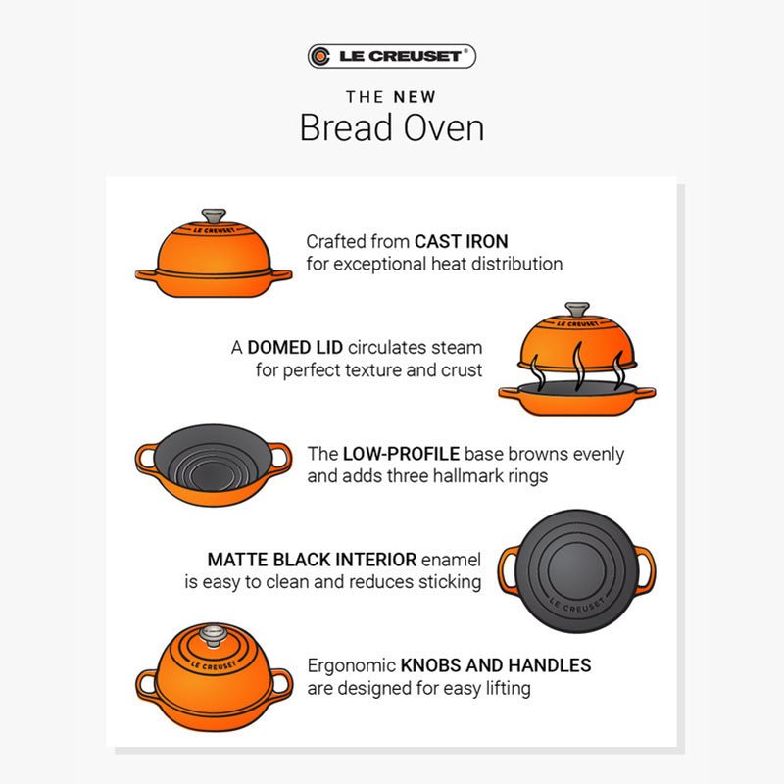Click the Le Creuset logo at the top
pyautogui.click(x=391, y=56)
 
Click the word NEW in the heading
pyautogui.click(x=415, y=96)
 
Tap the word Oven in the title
pyautogui.click(x=444, y=127)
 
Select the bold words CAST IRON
pyautogui.click(x=461, y=241)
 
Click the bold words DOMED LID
pyautogui.click(x=295, y=347)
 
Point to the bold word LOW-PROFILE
pyautogui.click(x=401, y=454)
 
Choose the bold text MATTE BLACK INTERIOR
pyautogui.click(x=312, y=560)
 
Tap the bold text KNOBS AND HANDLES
pyautogui.click(x=496, y=665)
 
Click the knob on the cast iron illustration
pyautogui.click(x=214, y=216)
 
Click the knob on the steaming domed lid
pyautogui.click(x=577, y=310)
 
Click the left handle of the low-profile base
pyautogui.click(x=145, y=458)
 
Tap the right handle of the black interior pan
pyautogui.click(x=646, y=570)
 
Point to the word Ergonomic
pyautogui.click(x=352, y=666)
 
